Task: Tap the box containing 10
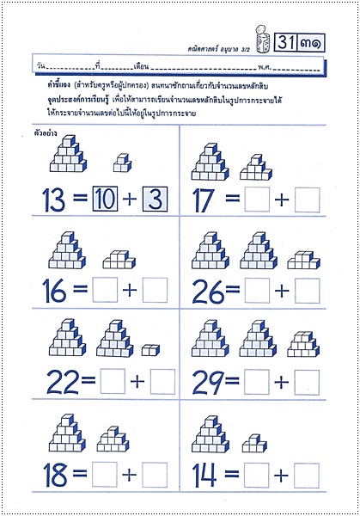pos(106,200)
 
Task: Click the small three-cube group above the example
pos(122,163)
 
